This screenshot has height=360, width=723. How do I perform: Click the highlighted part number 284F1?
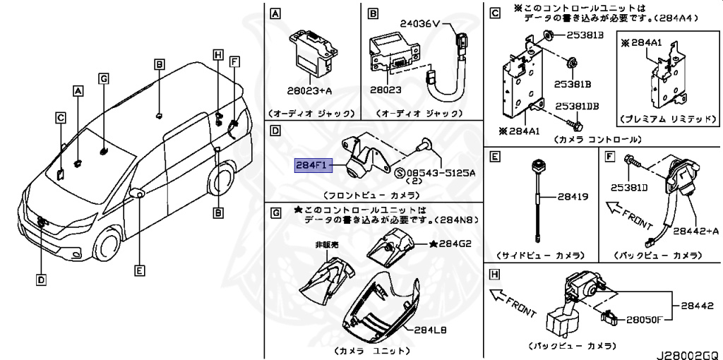(x=311, y=166)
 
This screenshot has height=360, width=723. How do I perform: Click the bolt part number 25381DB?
(x=576, y=107)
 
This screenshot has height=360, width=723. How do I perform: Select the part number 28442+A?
(x=695, y=230)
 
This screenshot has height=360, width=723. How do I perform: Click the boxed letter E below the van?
(x=140, y=270)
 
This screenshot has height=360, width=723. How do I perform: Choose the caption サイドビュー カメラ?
(x=540, y=255)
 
